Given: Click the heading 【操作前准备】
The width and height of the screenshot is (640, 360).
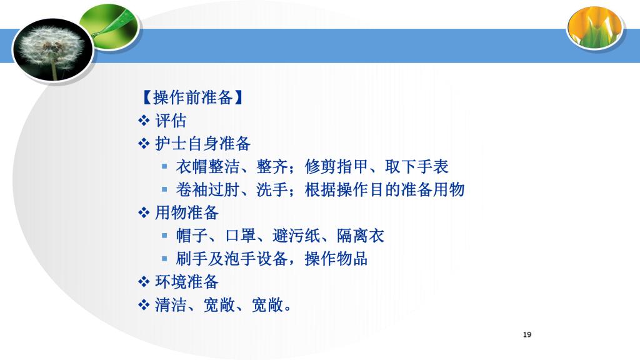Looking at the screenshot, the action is pyautogui.click(x=192, y=97).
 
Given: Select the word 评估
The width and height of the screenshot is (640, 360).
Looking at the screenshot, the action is pyautogui.click(x=171, y=121).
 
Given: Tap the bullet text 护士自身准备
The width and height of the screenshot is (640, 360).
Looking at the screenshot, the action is pyautogui.click(x=202, y=144).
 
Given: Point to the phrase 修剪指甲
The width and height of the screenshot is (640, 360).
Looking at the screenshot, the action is pyautogui.click(x=336, y=166).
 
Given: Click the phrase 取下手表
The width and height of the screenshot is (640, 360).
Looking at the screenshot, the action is pyautogui.click(x=417, y=166).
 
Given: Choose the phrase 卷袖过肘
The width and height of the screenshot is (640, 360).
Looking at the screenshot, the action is pyautogui.click(x=207, y=189).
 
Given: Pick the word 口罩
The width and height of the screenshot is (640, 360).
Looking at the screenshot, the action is pyautogui.click(x=241, y=236).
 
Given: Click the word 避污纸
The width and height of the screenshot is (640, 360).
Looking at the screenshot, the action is pyautogui.click(x=296, y=236).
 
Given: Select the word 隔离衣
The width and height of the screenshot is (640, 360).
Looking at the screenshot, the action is pyautogui.click(x=361, y=236).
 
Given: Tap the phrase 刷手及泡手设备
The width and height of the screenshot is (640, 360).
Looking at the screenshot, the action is pyautogui.click(x=232, y=258).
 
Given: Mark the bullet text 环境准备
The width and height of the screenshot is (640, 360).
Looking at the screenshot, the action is pyautogui.click(x=187, y=282).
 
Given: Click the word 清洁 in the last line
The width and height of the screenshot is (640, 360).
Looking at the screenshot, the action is pyautogui.click(x=171, y=304).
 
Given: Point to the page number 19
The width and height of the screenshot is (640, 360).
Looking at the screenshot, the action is pyautogui.click(x=527, y=335).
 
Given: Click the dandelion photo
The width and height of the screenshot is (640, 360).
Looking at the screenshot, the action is pyautogui.click(x=53, y=49).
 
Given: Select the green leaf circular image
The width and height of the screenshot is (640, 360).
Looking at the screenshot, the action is pyautogui.click(x=109, y=27).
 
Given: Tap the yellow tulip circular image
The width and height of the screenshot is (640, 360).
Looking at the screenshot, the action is pyautogui.click(x=595, y=27).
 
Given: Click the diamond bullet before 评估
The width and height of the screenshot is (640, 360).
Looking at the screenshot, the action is pyautogui.click(x=144, y=121).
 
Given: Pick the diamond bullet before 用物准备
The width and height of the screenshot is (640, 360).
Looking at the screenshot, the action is pyautogui.click(x=144, y=212).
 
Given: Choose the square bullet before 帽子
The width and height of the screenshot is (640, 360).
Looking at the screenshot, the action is pyautogui.click(x=164, y=236).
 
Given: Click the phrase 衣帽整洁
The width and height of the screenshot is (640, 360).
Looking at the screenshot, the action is pyautogui.click(x=207, y=166).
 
